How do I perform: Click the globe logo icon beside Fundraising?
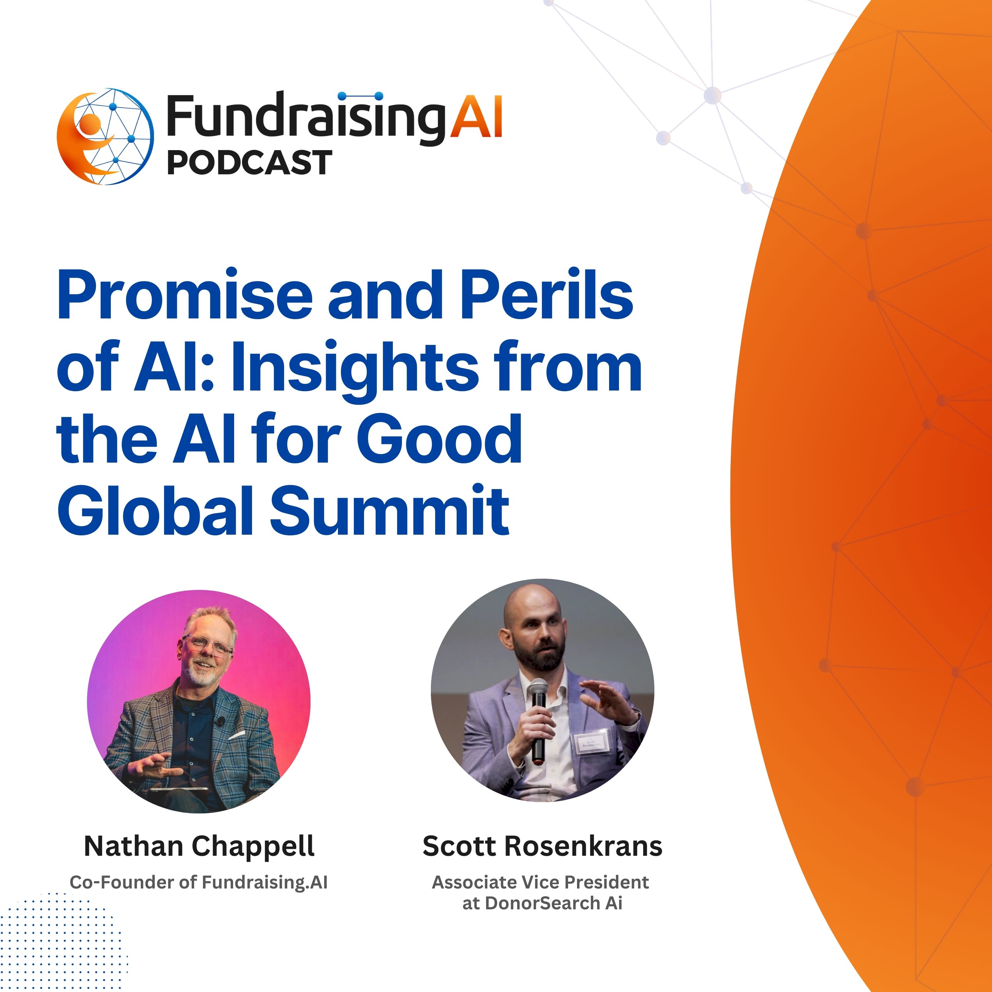click(x=105, y=136)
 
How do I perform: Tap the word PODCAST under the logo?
click(x=250, y=163)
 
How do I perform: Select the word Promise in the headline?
click(x=185, y=296)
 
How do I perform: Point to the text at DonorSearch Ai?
click(x=542, y=903)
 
